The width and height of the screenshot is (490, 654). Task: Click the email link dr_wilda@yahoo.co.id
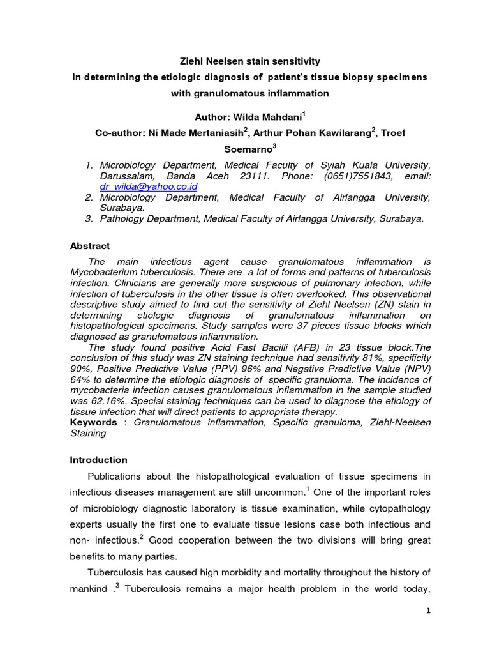149,186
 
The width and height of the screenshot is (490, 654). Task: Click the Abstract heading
89,246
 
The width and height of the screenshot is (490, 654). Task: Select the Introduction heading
98,460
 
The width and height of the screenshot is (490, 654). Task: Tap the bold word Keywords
94,422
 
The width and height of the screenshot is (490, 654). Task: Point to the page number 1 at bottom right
429,611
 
